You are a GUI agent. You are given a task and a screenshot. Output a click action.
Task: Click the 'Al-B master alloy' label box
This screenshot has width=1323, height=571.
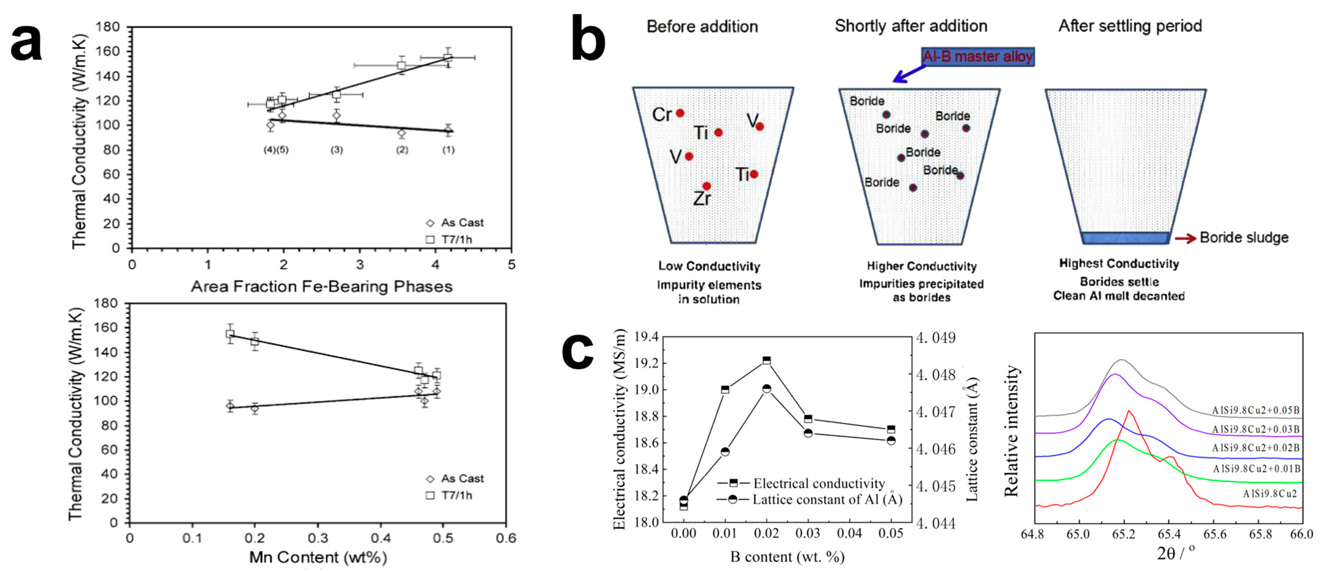977,56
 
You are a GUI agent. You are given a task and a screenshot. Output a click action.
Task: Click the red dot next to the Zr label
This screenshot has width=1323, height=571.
707,186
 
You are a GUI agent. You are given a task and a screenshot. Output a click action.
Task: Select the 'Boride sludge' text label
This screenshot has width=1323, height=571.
1244,238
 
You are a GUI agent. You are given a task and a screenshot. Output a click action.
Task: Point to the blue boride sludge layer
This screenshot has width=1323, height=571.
1125,238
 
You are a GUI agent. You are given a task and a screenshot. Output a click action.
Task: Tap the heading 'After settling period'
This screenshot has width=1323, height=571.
1130,26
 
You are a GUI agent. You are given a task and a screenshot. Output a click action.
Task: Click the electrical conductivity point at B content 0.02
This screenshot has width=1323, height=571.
766,360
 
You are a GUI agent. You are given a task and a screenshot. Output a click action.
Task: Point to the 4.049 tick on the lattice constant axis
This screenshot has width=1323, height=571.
936,338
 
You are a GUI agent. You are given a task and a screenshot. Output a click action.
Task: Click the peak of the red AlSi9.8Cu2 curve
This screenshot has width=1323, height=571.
1128,411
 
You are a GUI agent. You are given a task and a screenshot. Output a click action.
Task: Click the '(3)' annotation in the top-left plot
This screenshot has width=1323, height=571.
336,150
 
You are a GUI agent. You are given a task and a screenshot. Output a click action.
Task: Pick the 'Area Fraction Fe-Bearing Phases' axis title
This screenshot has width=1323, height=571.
322,286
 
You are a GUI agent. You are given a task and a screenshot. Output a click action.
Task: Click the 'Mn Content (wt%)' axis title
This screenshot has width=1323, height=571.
318,557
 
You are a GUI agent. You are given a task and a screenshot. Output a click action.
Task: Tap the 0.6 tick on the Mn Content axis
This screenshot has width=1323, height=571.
506,538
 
